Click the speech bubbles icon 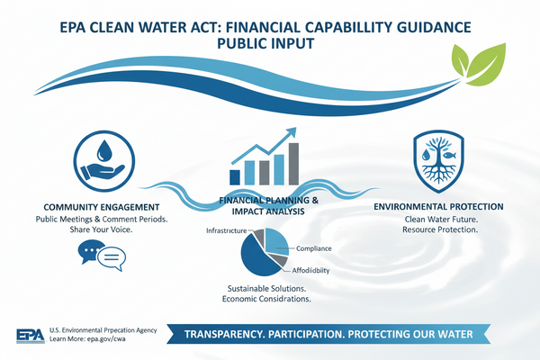click(99, 257)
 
